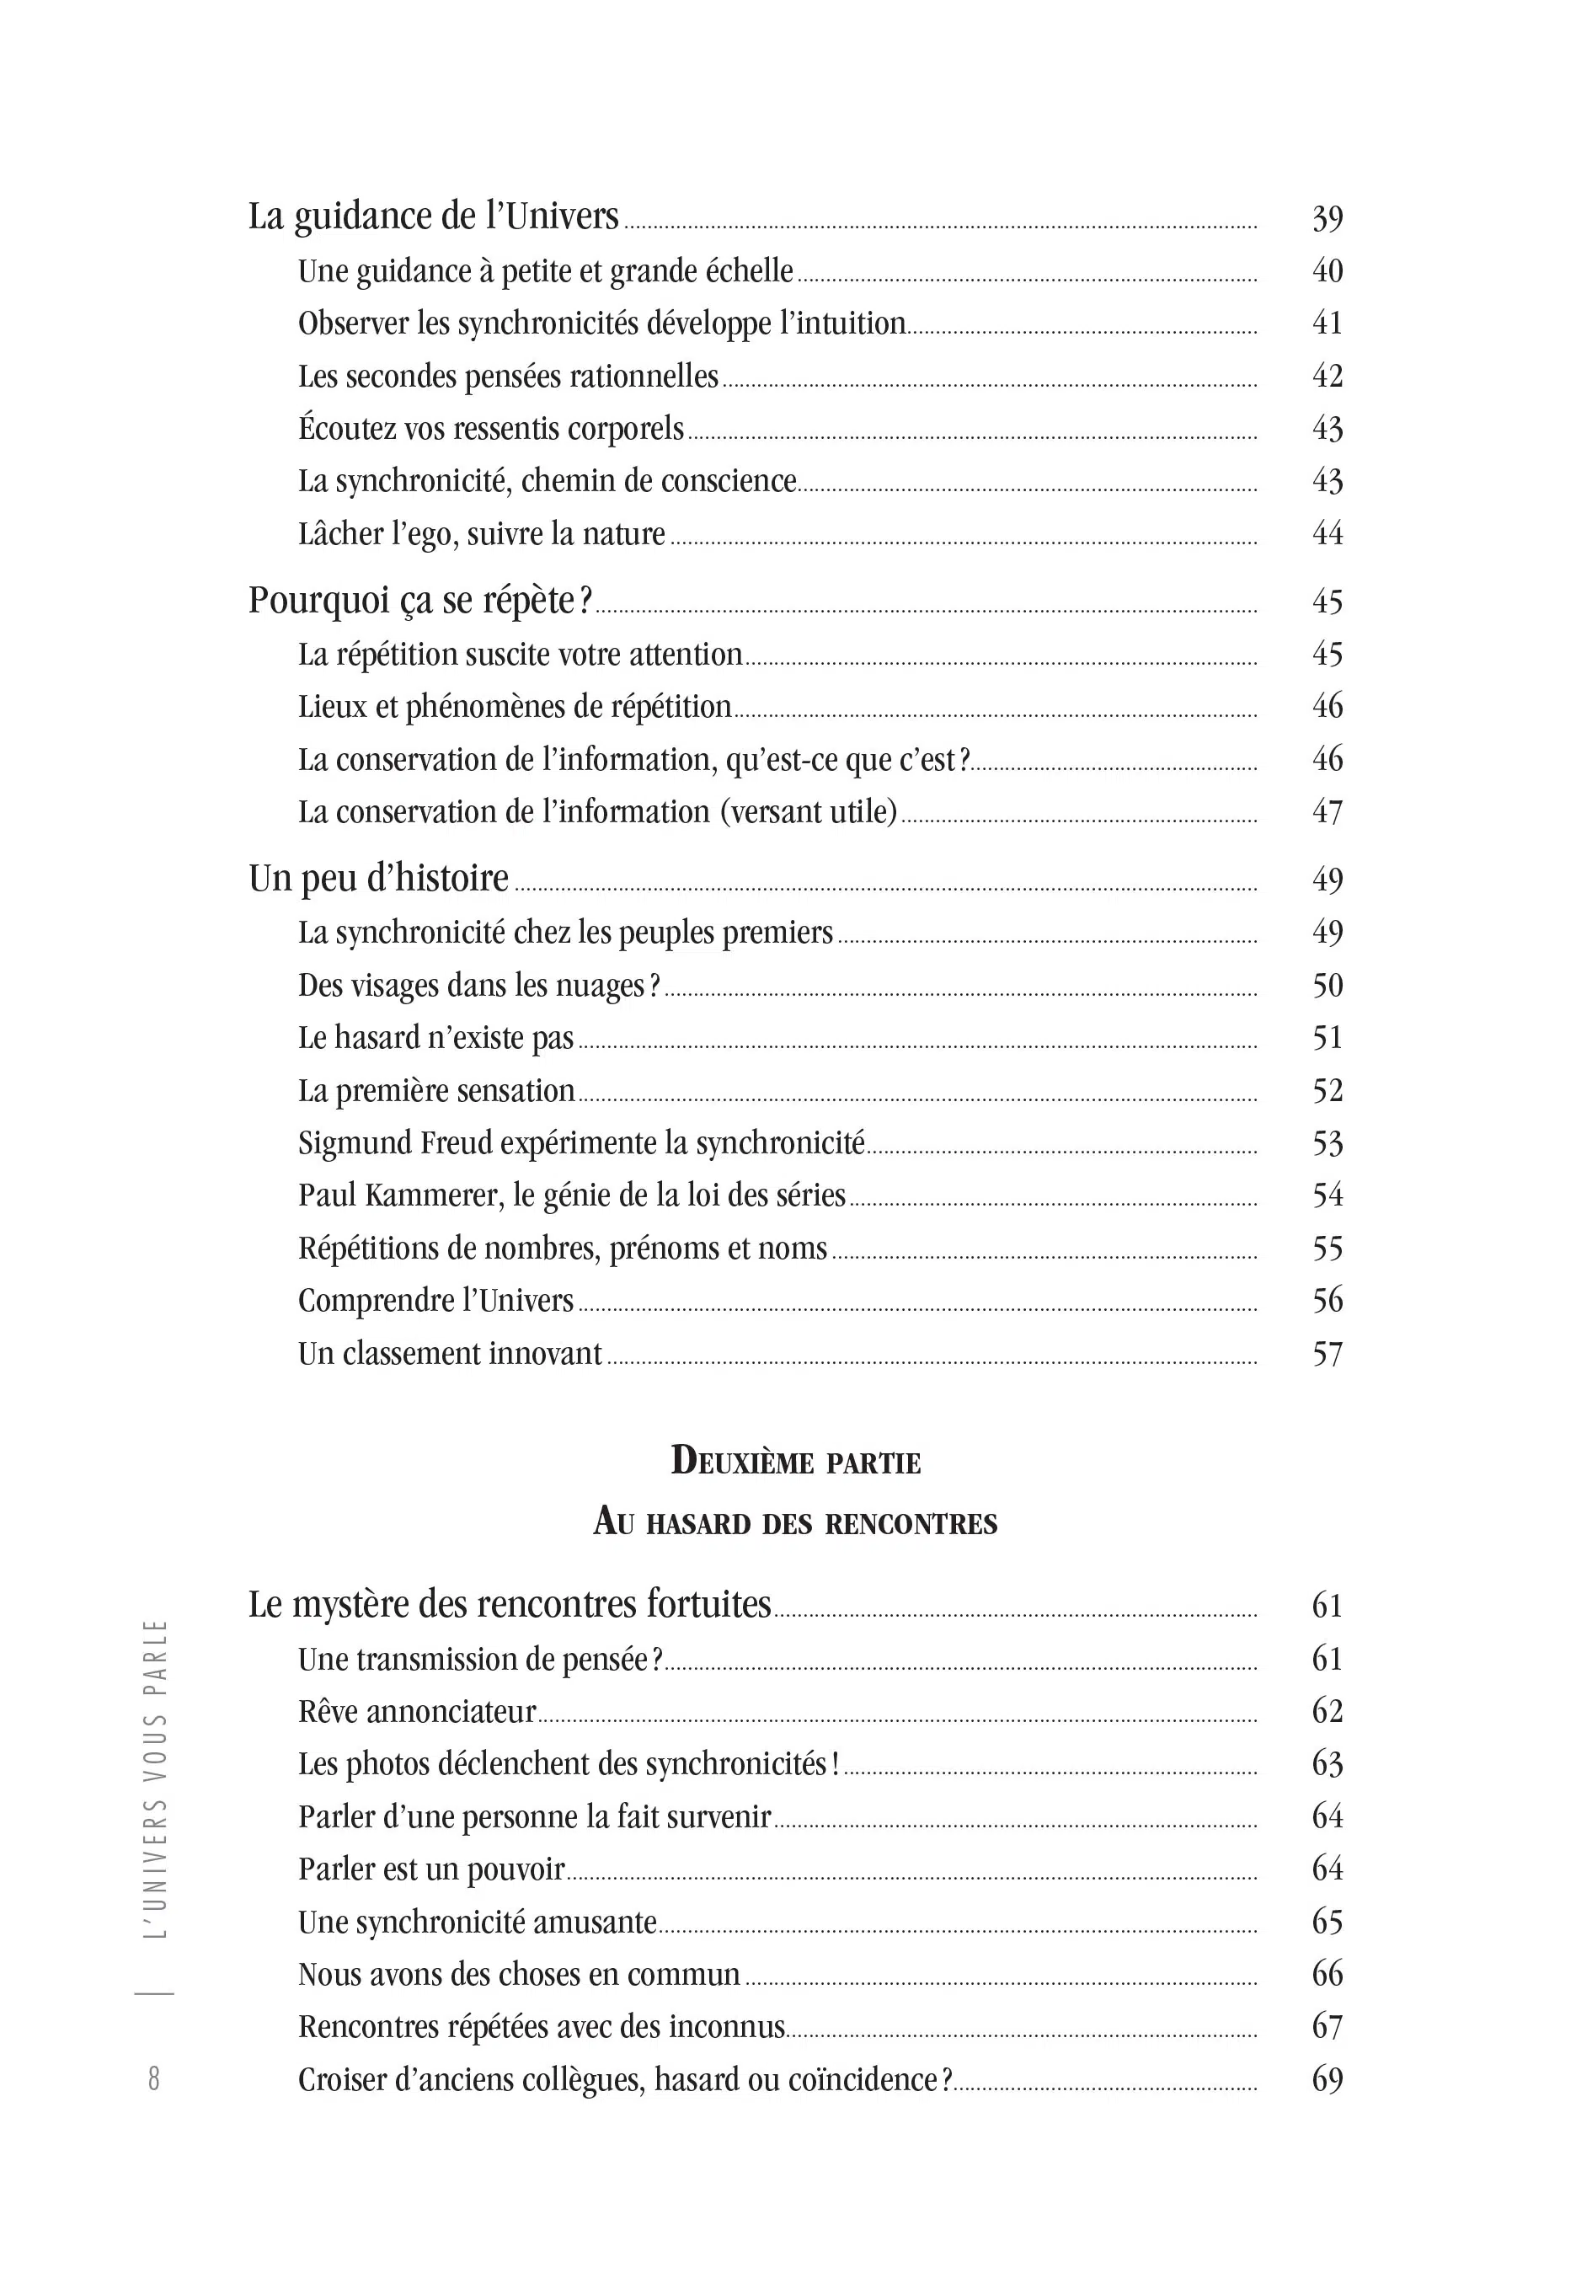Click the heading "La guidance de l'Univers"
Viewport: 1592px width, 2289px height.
(434, 217)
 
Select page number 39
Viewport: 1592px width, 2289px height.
(1327, 218)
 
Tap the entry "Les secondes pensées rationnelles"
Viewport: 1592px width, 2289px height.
(509, 377)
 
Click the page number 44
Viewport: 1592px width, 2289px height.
(1327, 534)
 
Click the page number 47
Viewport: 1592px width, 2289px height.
(1327, 812)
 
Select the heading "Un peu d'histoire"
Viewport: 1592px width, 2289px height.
(379, 880)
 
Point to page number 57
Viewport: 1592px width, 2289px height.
(1327, 1355)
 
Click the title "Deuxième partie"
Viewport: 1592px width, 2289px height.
(795, 1462)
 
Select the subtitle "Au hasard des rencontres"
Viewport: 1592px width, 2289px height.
(795, 1522)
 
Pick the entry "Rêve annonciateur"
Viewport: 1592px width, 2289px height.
(417, 1712)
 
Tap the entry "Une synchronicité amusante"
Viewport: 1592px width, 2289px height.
(478, 1923)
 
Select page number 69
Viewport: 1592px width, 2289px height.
(1327, 2079)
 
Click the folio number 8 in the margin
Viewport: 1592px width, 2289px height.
(153, 2078)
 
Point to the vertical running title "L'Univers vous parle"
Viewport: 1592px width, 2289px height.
(156, 1778)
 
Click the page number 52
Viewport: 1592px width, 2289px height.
(1327, 1091)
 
